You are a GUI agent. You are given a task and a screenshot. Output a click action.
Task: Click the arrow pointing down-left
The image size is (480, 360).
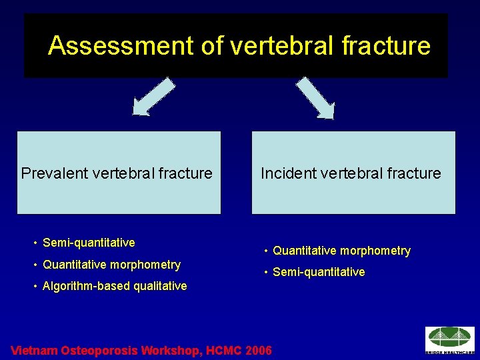[x=153, y=97]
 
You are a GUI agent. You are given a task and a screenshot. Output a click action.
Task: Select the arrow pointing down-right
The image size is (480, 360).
[x=316, y=97]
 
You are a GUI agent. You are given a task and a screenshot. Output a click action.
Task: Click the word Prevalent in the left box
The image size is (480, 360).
[x=51, y=173]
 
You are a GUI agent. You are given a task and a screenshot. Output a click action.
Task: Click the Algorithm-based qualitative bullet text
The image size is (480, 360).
[x=114, y=287]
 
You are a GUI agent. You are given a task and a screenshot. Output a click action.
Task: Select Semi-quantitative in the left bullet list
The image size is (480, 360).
[x=89, y=243]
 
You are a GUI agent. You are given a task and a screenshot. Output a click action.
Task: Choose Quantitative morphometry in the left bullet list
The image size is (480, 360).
[x=111, y=265]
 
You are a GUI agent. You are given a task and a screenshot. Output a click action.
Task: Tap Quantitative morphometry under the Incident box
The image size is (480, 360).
[x=341, y=251]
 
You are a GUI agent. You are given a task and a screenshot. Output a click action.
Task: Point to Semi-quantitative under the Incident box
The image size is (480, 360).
[x=319, y=272]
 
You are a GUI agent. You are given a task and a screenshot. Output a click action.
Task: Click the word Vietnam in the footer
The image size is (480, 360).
[x=35, y=350]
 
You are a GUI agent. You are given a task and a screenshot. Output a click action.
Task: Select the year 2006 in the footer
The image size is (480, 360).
[x=259, y=350]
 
